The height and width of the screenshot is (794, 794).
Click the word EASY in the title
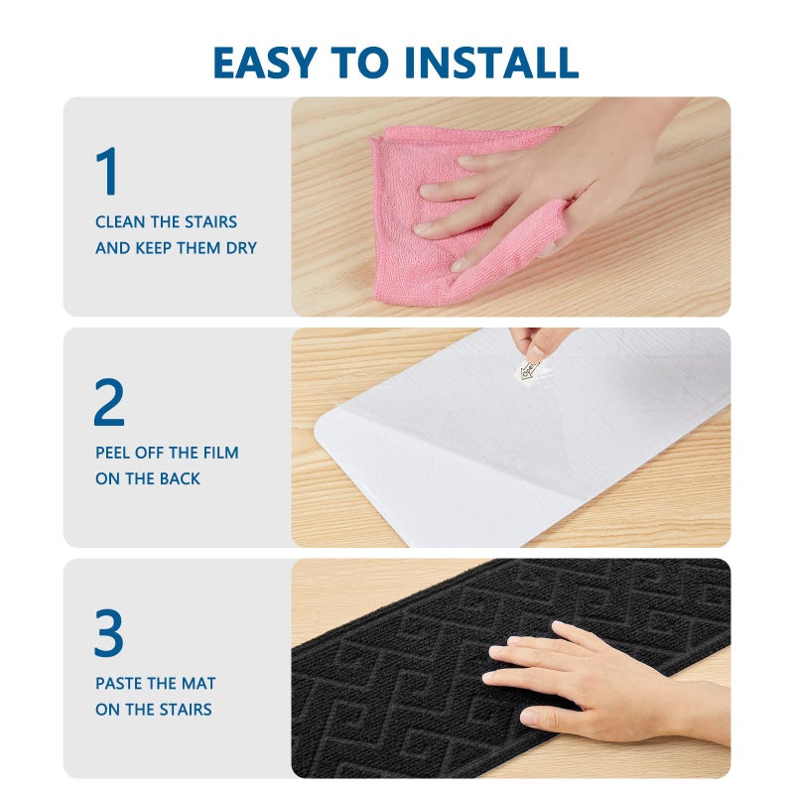click(x=265, y=63)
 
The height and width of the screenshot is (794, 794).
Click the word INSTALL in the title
click(x=491, y=63)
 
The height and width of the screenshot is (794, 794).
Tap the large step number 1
click(x=107, y=171)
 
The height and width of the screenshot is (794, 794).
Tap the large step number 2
click(x=109, y=402)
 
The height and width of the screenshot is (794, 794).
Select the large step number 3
click(x=109, y=632)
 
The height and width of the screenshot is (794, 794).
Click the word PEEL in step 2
click(x=113, y=453)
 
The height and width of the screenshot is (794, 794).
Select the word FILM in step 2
click(x=220, y=453)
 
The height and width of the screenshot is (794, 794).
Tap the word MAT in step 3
click(x=198, y=684)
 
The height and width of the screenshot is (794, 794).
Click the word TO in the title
click(x=360, y=63)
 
